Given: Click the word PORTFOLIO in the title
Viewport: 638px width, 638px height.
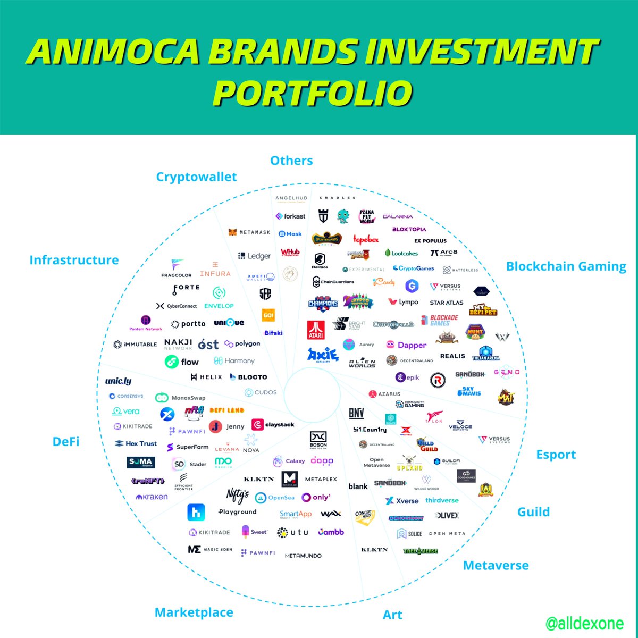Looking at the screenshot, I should (x=313, y=94).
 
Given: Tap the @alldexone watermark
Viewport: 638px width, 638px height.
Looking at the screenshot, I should (x=584, y=623).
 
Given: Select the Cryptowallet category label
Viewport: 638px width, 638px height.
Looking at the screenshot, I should (x=196, y=177).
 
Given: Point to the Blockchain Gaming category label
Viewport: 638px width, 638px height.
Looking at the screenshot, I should (x=566, y=266).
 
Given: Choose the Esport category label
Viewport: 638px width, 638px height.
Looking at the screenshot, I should (x=556, y=455).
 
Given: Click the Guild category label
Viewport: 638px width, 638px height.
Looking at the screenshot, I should (x=533, y=512).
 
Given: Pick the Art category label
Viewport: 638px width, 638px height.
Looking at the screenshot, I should (x=392, y=615).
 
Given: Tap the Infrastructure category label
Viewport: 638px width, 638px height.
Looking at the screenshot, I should (x=74, y=260).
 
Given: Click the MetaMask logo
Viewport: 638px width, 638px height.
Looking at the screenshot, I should (x=249, y=232).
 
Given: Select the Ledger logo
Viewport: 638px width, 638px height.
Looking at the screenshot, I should (x=254, y=256).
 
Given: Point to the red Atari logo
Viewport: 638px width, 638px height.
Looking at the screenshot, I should (x=316, y=330).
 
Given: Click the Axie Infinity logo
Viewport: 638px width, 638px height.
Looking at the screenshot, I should (x=322, y=354).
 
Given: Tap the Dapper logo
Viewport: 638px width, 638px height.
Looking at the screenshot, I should (x=406, y=345).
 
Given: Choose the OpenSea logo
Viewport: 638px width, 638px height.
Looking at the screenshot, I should (x=275, y=498).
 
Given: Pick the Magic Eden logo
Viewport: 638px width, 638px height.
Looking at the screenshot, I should (x=210, y=549).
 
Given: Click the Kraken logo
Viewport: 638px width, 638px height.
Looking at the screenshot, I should (x=152, y=497).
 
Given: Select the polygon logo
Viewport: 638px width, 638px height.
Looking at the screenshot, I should (x=242, y=344).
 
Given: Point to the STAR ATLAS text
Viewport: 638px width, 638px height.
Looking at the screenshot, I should (x=446, y=303).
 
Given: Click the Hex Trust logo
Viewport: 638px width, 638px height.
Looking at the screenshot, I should (x=136, y=443).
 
